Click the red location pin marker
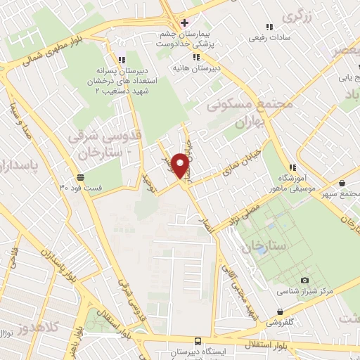pyautogui.click(x=181, y=166)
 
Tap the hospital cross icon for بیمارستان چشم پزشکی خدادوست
pyautogui.click(x=184, y=22)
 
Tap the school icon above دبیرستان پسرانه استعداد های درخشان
pyautogui.click(x=121, y=60)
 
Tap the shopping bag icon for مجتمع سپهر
pyautogui.click(x=342, y=184)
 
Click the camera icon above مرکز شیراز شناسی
pyautogui.click(x=304, y=280)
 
